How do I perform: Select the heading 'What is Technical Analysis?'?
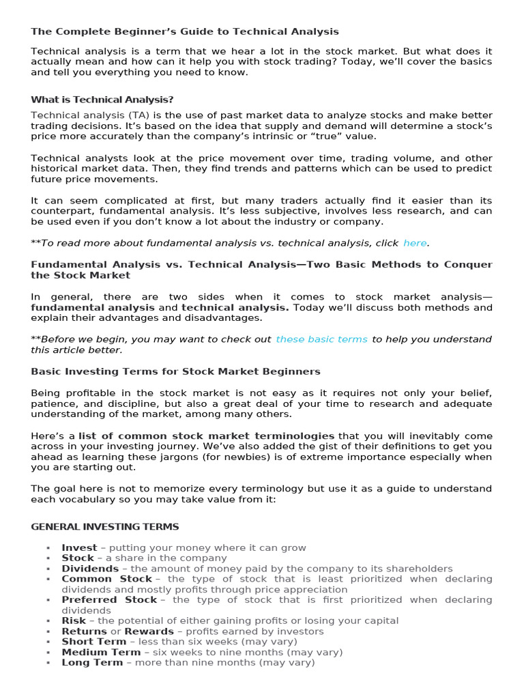(102, 100)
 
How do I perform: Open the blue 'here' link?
(415, 243)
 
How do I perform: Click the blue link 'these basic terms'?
(321, 339)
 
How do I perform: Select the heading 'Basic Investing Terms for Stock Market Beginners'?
(175, 372)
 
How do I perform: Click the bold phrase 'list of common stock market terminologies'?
(206, 436)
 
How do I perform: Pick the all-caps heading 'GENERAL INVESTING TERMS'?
(105, 526)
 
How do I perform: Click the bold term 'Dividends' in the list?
(90, 569)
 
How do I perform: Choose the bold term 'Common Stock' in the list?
(106, 579)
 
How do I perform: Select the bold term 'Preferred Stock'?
(109, 600)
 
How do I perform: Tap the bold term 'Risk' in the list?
(74, 620)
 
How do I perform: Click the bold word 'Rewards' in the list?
(149, 631)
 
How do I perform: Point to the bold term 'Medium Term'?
(101, 652)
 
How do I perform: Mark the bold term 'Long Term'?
(92, 662)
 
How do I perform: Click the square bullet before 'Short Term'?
(48, 642)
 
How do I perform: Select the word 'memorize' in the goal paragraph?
(171, 489)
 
